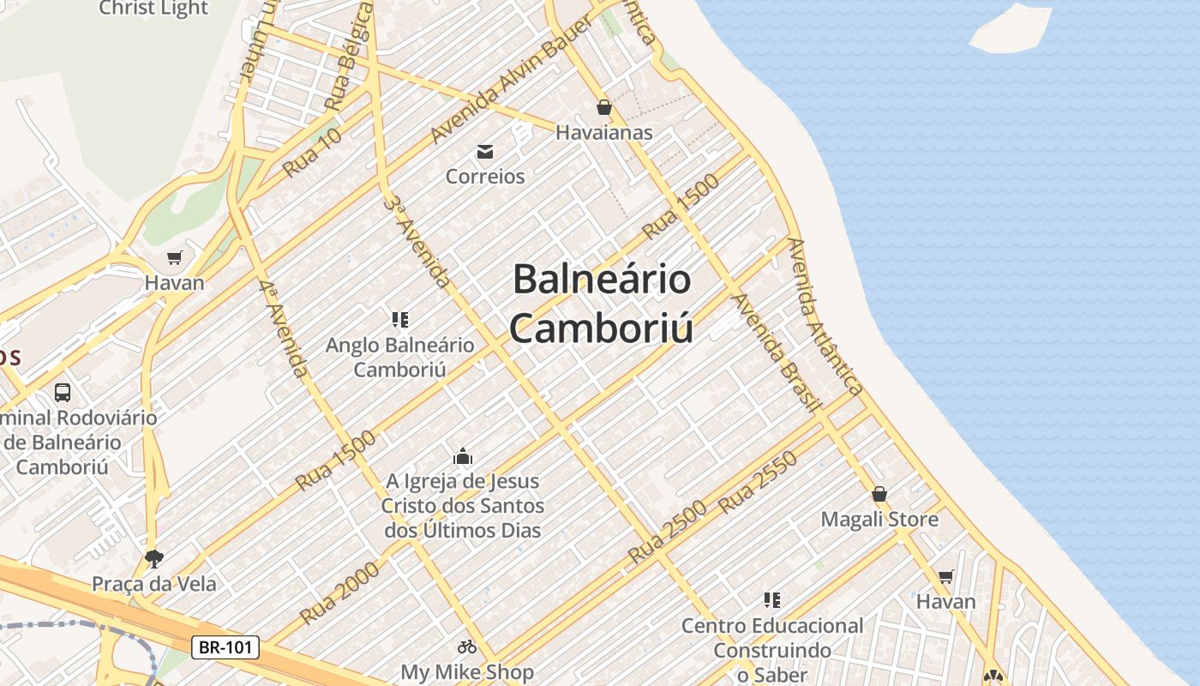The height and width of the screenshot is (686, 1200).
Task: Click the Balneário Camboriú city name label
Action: (x=602, y=304)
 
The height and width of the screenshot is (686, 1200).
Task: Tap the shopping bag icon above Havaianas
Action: (x=604, y=107)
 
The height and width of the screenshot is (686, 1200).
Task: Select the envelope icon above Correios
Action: (x=485, y=152)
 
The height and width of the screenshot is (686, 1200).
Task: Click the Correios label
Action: (x=485, y=177)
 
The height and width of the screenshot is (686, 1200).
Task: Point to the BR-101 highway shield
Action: (x=225, y=647)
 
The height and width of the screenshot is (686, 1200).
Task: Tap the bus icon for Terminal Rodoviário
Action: (x=63, y=393)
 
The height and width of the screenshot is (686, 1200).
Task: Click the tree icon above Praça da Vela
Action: (x=154, y=559)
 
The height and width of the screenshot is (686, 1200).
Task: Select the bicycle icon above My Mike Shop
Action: (x=467, y=647)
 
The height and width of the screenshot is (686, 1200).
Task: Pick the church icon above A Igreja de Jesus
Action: (x=463, y=456)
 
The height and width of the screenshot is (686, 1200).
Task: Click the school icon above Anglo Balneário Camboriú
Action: (x=400, y=320)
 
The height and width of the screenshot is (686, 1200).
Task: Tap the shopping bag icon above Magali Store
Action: (x=879, y=494)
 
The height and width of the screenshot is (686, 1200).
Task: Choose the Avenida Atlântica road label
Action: (x=825, y=316)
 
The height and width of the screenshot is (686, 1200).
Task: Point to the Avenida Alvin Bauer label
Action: (x=512, y=80)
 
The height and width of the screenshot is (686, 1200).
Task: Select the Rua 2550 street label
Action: (x=758, y=482)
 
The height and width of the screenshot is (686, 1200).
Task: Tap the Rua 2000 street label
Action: (x=339, y=593)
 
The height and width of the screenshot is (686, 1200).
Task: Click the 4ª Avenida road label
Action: (x=285, y=328)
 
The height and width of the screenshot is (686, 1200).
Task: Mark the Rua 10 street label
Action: (x=313, y=152)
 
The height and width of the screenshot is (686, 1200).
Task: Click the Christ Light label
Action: (x=153, y=9)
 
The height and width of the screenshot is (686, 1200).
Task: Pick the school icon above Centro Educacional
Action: (x=772, y=599)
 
